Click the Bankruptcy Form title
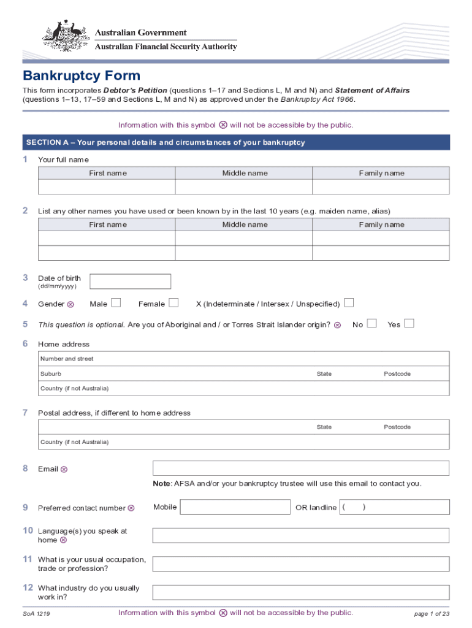pyautogui.click(x=82, y=76)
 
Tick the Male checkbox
pyautogui.click(x=116, y=303)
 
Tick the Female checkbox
pyautogui.click(x=173, y=303)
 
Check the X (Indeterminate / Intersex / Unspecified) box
pyautogui.click(x=349, y=303)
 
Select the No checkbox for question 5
pyautogui.click(x=371, y=324)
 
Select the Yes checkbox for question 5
pyautogui.click(x=409, y=324)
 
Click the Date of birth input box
pyautogui.click(x=131, y=281)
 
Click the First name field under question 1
pyautogui.click(x=107, y=187)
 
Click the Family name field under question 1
pyautogui.click(x=381, y=187)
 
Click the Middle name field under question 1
pyautogui.click(x=244, y=187)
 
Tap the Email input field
pyautogui.click(x=300, y=469)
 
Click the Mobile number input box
pyautogui.click(x=235, y=507)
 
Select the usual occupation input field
pyautogui.click(x=300, y=564)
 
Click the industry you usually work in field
pyautogui.click(x=300, y=592)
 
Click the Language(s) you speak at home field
pyautogui.click(x=300, y=535)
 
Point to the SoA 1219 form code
pyautogui.click(x=37, y=613)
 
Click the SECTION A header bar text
pyautogui.click(x=166, y=143)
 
